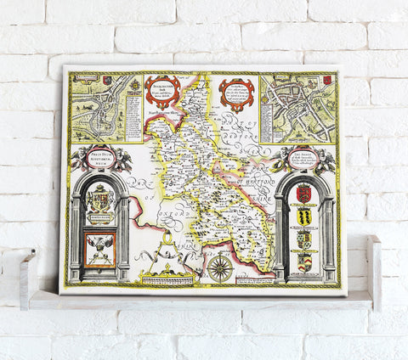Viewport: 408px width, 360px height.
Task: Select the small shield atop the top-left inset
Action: point(105,81)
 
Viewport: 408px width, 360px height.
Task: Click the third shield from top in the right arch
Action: point(303,239)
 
